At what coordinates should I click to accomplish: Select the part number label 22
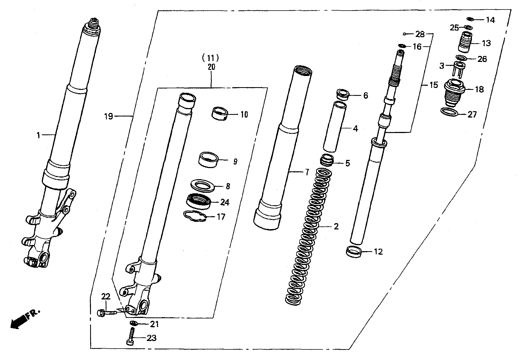click(x=106, y=296)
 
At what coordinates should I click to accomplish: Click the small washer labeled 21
click(x=133, y=323)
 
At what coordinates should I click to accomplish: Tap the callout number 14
click(x=490, y=20)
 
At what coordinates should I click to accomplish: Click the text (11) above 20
click(x=210, y=58)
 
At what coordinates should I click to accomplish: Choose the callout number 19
click(x=109, y=117)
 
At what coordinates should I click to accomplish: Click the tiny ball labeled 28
click(x=404, y=34)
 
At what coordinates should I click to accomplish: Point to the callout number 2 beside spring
click(x=336, y=226)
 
